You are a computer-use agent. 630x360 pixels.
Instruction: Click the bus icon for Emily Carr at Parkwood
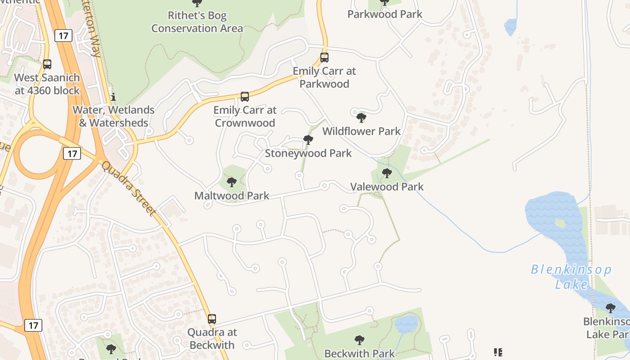[x=324, y=58]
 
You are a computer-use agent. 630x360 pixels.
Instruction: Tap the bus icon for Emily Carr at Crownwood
[x=245, y=97]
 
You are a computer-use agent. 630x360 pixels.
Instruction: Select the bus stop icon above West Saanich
[x=47, y=64]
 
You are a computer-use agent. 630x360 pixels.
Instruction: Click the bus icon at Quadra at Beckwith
[x=212, y=319]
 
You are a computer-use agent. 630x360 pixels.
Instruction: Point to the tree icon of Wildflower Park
[x=361, y=118]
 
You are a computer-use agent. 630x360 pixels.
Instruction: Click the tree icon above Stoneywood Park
[x=308, y=140]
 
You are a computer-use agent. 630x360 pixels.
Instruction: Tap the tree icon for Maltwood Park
[x=232, y=182]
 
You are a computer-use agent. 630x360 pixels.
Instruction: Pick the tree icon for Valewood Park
[x=387, y=173]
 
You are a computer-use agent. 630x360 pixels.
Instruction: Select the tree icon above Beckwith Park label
[x=359, y=340]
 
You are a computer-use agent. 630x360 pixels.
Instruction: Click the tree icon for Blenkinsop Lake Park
[x=610, y=308]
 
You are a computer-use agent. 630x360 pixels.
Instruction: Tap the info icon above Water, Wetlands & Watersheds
[x=113, y=97]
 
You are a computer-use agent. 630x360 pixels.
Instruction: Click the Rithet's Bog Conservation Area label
[x=197, y=22]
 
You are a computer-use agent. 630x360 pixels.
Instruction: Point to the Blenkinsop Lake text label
[x=571, y=277]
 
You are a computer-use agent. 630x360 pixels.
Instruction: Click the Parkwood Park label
[x=385, y=14]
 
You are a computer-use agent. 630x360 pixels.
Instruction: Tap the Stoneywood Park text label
[x=308, y=153]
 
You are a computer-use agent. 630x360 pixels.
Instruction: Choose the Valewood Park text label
[x=387, y=187]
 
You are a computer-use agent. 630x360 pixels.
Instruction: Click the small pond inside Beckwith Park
[x=406, y=323]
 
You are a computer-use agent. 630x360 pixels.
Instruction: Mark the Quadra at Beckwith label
[x=211, y=339]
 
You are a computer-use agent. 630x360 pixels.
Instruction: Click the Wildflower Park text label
[x=361, y=131]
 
